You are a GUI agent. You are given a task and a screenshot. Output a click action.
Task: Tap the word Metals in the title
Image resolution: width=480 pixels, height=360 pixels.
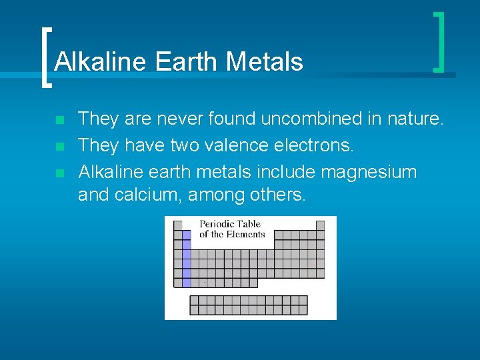click(x=265, y=62)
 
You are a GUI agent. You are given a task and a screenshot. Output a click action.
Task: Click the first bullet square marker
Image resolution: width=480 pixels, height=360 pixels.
click(x=59, y=121)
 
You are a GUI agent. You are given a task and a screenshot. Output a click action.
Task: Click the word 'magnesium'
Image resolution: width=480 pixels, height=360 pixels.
click(x=369, y=173)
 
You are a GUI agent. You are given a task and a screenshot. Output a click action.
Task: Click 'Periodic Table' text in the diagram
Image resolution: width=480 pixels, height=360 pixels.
click(x=230, y=224)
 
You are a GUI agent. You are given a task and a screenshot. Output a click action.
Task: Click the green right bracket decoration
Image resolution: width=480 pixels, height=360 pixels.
click(x=439, y=42)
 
